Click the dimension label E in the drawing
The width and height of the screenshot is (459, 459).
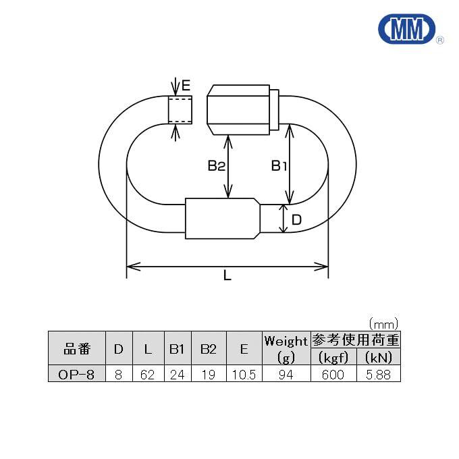point(186,86)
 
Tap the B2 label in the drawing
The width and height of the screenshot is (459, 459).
point(216,165)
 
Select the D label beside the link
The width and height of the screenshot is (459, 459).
point(296,219)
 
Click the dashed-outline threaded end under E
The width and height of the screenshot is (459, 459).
point(180,109)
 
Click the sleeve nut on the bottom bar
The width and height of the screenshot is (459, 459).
point(222,218)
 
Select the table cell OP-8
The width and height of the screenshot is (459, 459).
point(76,373)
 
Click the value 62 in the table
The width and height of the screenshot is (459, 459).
point(147,373)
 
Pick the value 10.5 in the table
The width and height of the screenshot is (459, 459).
point(243,373)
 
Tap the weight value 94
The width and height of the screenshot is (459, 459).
point(286,373)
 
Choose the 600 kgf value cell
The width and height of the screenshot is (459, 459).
point(332,373)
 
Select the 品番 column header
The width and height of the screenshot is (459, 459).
point(76,348)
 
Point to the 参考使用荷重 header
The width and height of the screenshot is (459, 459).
point(355,340)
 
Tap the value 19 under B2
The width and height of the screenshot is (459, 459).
point(209,373)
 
